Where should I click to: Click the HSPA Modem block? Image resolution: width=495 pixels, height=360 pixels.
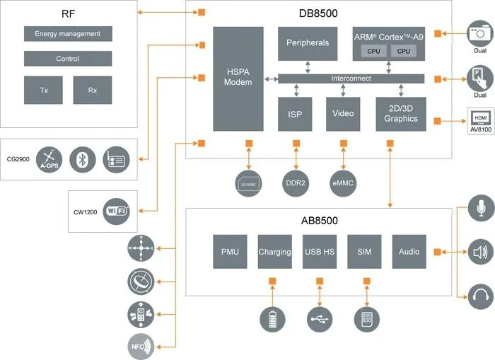coord(238,79)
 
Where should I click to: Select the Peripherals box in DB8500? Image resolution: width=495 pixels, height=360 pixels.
coord(308,43)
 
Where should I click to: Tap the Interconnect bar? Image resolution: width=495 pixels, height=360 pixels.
coord(351,79)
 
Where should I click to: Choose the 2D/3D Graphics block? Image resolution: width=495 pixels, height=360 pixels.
coord(401,114)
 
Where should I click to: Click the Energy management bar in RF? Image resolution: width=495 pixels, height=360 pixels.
coord(68,33)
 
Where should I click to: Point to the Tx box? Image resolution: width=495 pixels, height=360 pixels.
coord(43,90)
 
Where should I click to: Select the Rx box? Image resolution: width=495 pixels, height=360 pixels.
coord(93,90)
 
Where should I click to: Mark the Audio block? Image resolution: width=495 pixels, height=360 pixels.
coord(409,252)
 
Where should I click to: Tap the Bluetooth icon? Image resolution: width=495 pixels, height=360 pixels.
coord(83,160)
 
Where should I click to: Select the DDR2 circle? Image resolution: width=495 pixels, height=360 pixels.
coord(296,183)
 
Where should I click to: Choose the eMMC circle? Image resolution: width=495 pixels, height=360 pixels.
coord(343,183)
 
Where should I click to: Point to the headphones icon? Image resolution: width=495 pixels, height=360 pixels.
coord(481,295)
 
